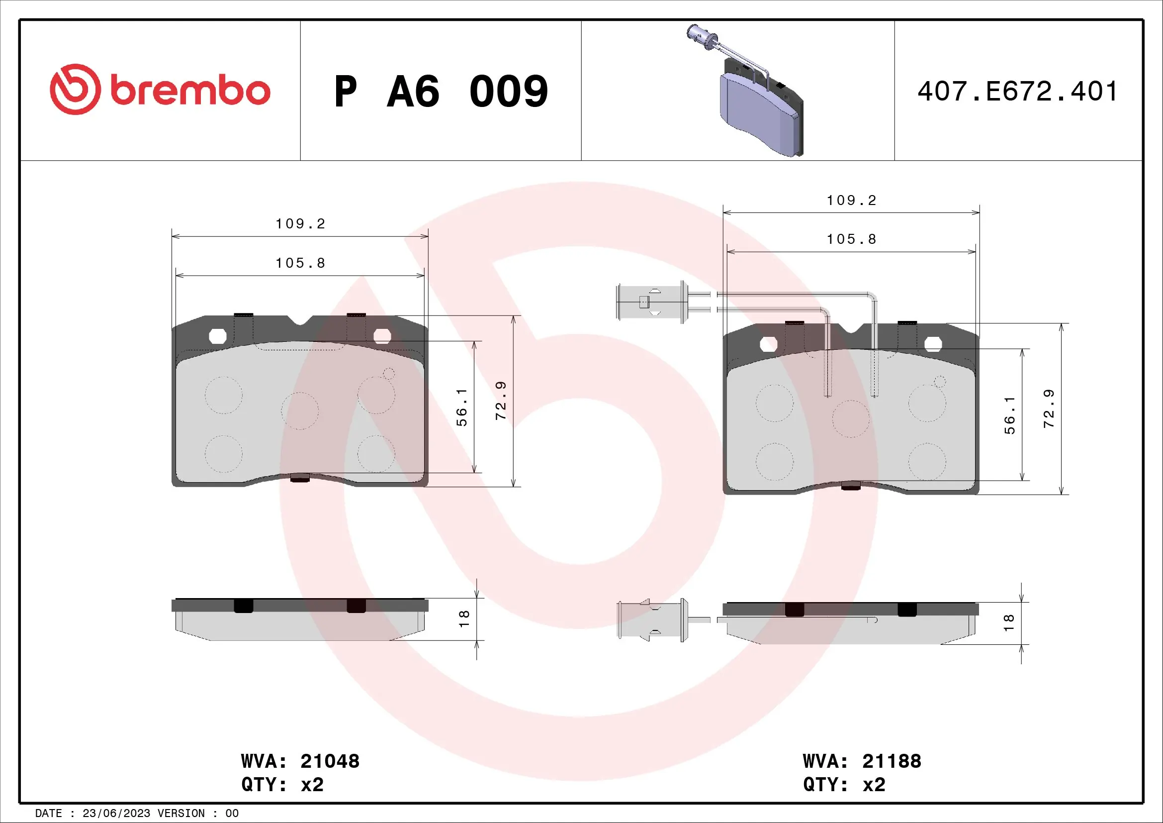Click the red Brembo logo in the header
(x=160, y=90)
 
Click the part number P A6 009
(x=441, y=92)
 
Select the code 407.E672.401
(x=1017, y=92)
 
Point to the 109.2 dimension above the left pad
(x=300, y=224)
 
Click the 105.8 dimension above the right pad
(x=851, y=239)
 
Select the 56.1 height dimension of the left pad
(x=461, y=408)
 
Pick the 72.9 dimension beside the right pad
(x=1049, y=409)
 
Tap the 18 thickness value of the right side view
(x=1008, y=622)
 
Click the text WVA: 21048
(x=300, y=761)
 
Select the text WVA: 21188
(x=862, y=761)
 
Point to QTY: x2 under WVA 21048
(x=282, y=785)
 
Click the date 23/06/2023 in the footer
(x=116, y=814)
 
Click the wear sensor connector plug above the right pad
(x=651, y=303)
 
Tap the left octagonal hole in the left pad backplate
(x=218, y=336)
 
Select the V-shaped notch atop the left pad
(x=300, y=320)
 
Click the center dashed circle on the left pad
(x=300, y=411)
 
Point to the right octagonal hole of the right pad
(x=933, y=344)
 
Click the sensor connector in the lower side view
(x=651, y=620)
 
